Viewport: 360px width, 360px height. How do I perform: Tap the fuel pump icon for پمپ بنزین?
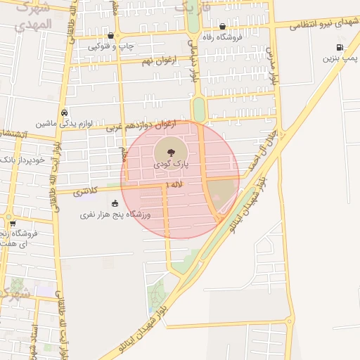[340, 48]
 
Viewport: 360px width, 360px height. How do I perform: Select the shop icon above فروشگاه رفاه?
[222, 27]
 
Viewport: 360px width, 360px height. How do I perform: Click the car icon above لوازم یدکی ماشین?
[65, 112]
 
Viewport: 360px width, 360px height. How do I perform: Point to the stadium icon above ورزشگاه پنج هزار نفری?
[115, 203]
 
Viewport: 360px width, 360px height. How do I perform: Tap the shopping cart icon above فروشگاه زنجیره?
[13, 224]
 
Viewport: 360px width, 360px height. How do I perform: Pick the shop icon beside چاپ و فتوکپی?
[110, 35]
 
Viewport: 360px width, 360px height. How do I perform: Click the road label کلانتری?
[85, 191]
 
